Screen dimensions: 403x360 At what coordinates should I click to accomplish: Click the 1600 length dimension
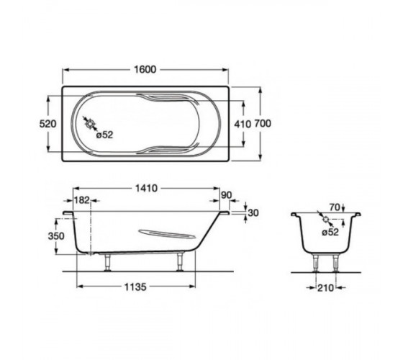click(x=145, y=70)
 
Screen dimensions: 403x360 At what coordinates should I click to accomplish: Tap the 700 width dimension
click(x=263, y=124)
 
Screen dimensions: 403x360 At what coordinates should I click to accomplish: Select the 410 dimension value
click(x=243, y=124)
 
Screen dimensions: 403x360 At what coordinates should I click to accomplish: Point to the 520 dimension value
click(x=47, y=124)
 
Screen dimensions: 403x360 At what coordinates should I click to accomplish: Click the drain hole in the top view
click(x=90, y=125)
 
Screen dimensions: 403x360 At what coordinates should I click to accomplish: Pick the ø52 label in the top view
click(x=104, y=135)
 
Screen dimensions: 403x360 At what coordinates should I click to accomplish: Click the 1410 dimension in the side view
click(x=146, y=189)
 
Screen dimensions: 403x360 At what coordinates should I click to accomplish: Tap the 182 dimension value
click(x=82, y=200)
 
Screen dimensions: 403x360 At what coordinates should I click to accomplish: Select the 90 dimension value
click(x=227, y=195)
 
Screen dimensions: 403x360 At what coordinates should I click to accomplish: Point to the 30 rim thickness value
click(x=253, y=213)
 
